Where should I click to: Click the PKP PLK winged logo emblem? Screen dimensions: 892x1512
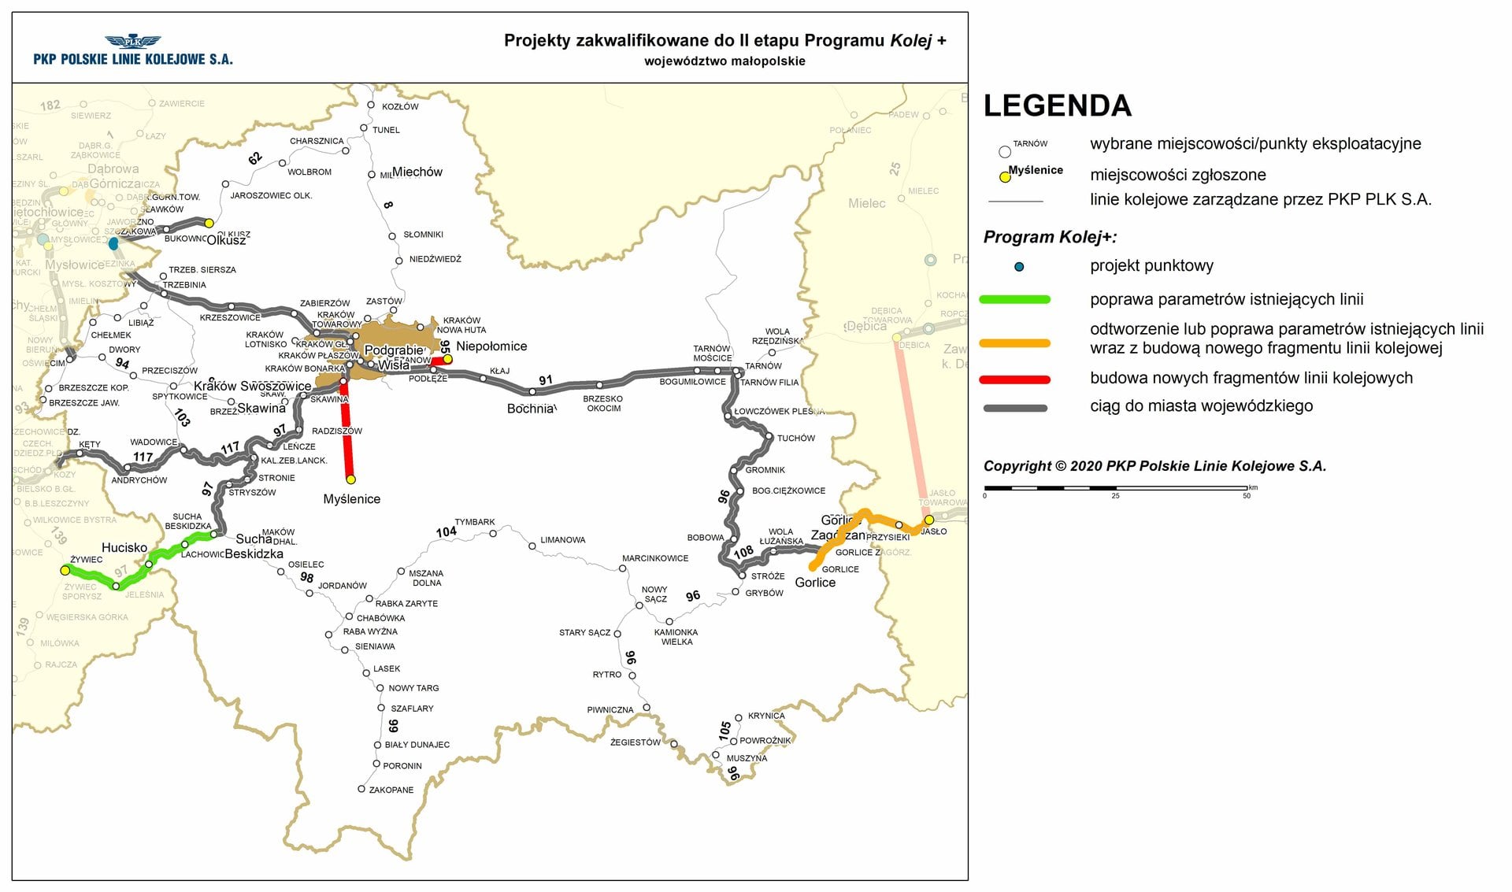click(132, 42)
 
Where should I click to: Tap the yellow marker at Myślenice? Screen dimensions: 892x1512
click(350, 479)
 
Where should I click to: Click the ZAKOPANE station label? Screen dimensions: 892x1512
click(391, 790)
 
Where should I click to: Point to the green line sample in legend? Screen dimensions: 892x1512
click(1014, 299)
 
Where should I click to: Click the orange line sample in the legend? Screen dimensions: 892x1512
click(1014, 343)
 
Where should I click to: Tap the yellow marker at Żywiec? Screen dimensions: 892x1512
click(65, 570)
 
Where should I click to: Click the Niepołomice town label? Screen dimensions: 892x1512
click(491, 346)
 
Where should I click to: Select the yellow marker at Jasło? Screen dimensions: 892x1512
click(928, 520)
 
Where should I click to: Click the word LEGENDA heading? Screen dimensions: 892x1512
click(1057, 105)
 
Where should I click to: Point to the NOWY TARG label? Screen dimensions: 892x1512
click(413, 688)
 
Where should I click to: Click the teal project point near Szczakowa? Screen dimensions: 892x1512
click(113, 243)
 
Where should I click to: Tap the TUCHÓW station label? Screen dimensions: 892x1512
click(795, 439)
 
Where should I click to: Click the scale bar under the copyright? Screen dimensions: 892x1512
click(1115, 488)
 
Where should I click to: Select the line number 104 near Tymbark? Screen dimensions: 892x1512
click(446, 532)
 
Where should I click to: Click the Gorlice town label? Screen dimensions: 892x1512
click(815, 583)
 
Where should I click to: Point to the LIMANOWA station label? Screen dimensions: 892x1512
click(562, 540)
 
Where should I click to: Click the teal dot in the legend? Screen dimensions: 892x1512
click(1019, 267)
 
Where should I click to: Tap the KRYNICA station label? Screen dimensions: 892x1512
click(765, 716)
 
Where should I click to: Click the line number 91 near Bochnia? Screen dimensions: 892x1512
click(546, 380)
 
